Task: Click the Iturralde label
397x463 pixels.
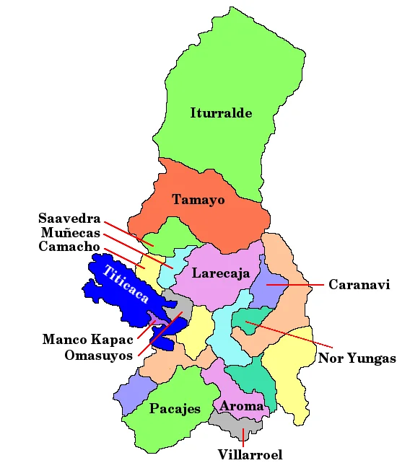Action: (x=221, y=113)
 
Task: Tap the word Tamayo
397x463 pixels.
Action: (x=198, y=199)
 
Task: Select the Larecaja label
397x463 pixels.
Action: (x=221, y=273)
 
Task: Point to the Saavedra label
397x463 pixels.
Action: (x=69, y=218)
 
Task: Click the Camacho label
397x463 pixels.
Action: (x=69, y=247)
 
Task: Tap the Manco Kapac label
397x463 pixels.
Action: (x=88, y=339)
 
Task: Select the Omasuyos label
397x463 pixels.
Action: (x=98, y=355)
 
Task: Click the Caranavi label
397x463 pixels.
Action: (x=359, y=285)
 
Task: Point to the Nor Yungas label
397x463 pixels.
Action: (x=357, y=358)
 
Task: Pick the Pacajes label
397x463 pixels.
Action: (x=175, y=409)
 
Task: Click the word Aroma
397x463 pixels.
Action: (x=242, y=406)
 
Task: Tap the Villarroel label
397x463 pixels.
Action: (x=250, y=454)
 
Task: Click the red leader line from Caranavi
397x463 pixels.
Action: (x=296, y=285)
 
